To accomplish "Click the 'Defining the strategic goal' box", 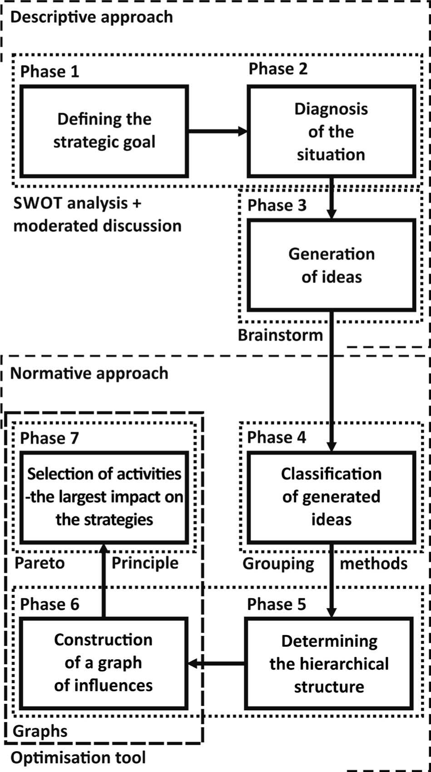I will coord(104,131).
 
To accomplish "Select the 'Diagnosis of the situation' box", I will coord(331,132).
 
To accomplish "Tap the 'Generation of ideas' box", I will coord(331,265).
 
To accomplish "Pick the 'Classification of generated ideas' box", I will coord(331,497).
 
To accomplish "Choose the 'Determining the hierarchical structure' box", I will coord(329,664).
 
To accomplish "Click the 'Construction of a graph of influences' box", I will coord(104,663).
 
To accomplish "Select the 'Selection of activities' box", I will coord(104,497).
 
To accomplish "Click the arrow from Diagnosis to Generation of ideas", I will coord(332,198).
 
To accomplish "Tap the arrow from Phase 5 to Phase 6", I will coord(217,664).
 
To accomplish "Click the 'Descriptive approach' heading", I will coord(91,17).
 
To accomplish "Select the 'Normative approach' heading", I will coord(89,373).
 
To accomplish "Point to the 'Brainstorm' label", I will coord(280,335).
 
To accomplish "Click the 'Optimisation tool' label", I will coord(78,757).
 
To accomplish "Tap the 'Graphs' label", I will coord(40,731).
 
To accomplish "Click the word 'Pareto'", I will coord(40,563).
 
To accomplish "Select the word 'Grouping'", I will coord(278,563).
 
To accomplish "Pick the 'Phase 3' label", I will coord(277,205).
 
